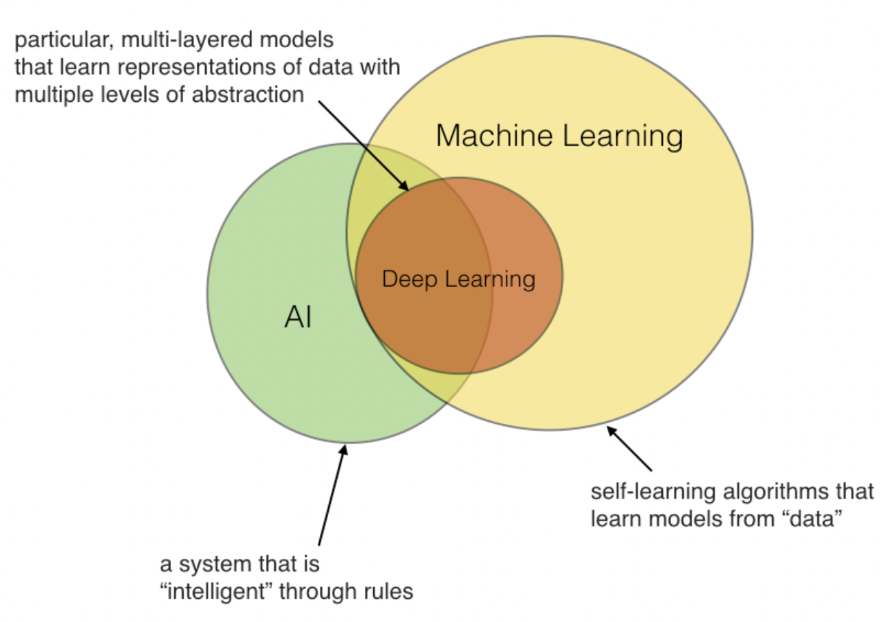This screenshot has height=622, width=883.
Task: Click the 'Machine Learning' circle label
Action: coord(559,136)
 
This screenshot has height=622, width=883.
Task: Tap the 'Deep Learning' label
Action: coord(458,279)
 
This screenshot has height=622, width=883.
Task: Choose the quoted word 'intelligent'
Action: coord(219,591)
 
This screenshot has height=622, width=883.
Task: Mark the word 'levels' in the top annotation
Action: coord(129,94)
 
